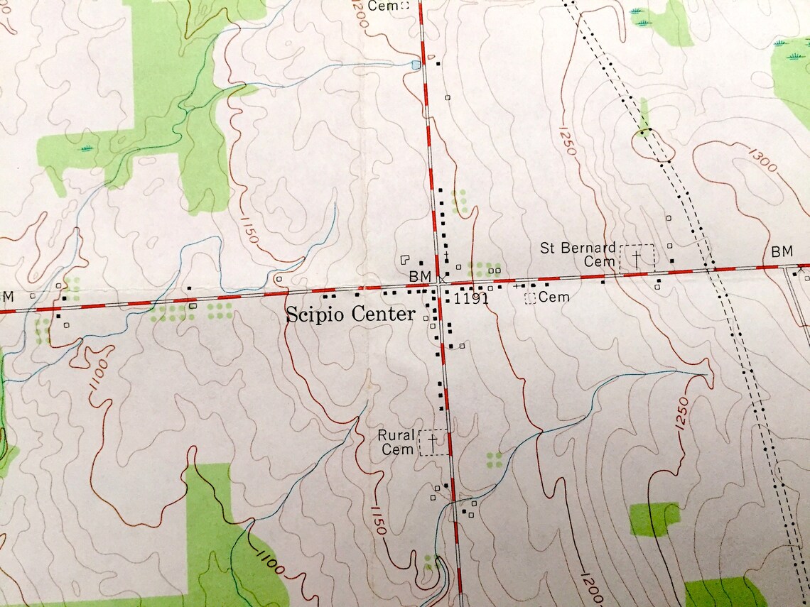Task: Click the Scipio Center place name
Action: coord(350,315)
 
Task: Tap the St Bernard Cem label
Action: coord(578,254)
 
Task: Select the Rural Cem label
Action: coord(396,442)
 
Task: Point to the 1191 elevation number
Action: coord(471,299)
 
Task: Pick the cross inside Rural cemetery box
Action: coord(433,442)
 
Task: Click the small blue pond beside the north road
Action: coord(415,65)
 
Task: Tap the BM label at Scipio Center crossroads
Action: coord(421,275)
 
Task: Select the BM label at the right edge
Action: coord(782,251)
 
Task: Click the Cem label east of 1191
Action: coord(554,297)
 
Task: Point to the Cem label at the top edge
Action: coord(387,6)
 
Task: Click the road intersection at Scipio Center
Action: coord(440,284)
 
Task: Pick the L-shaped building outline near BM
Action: coord(406,261)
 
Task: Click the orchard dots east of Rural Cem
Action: coord(494,459)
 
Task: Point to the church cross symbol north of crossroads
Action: coord(445,255)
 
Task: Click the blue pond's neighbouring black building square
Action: coord(438,64)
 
